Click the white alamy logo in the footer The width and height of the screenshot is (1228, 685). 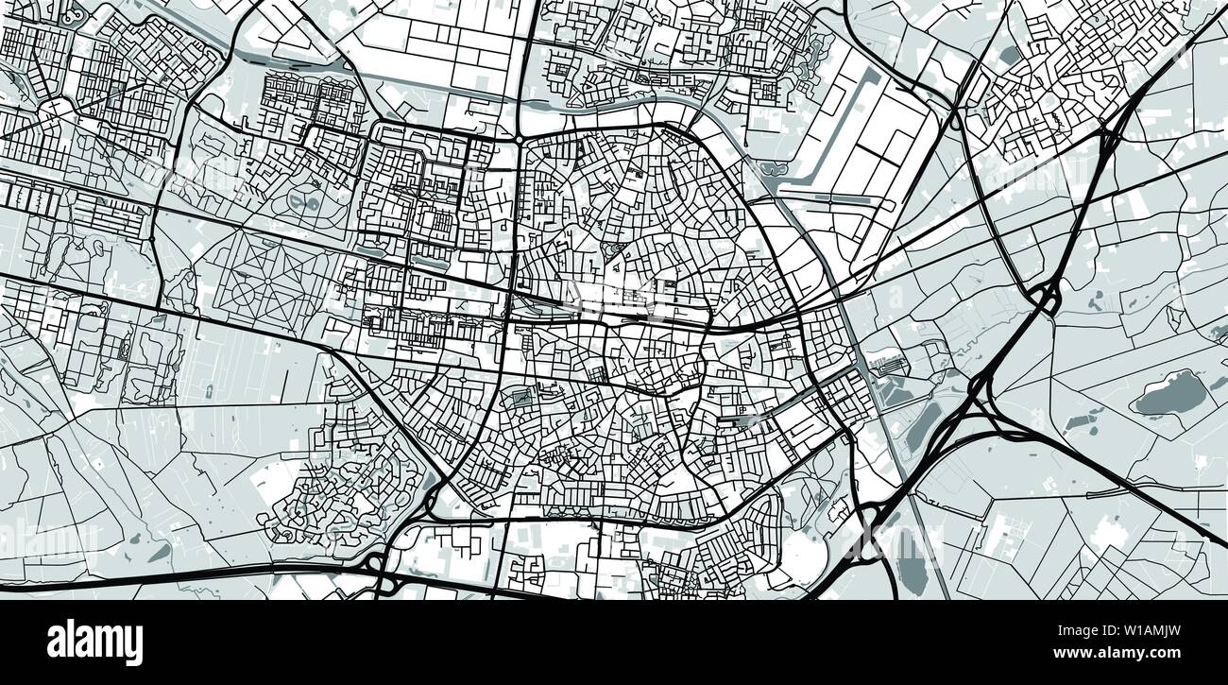click(94, 642)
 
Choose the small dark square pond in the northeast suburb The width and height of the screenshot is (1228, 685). click(1008, 55)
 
